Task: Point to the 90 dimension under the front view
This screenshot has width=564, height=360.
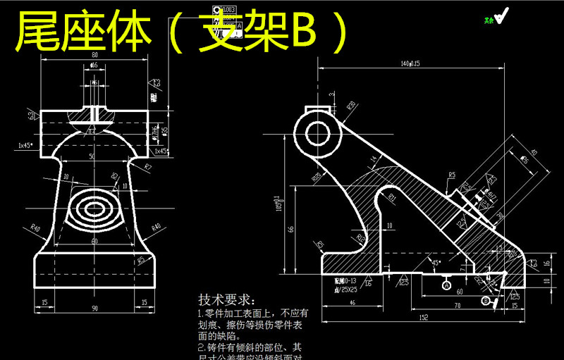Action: pyautogui.click(x=94, y=308)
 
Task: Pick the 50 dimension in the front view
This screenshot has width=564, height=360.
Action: pyautogui.click(x=92, y=155)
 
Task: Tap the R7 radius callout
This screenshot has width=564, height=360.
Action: pyautogui.click(x=148, y=166)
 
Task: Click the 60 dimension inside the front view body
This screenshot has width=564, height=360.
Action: pyautogui.click(x=94, y=241)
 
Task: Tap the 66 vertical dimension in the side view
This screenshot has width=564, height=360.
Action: pyautogui.click(x=292, y=230)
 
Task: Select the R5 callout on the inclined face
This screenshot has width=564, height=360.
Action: pyautogui.click(x=451, y=173)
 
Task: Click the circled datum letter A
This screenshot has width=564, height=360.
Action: pyautogui.click(x=447, y=285)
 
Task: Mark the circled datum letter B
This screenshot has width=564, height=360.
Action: pyautogui.click(x=485, y=301)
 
